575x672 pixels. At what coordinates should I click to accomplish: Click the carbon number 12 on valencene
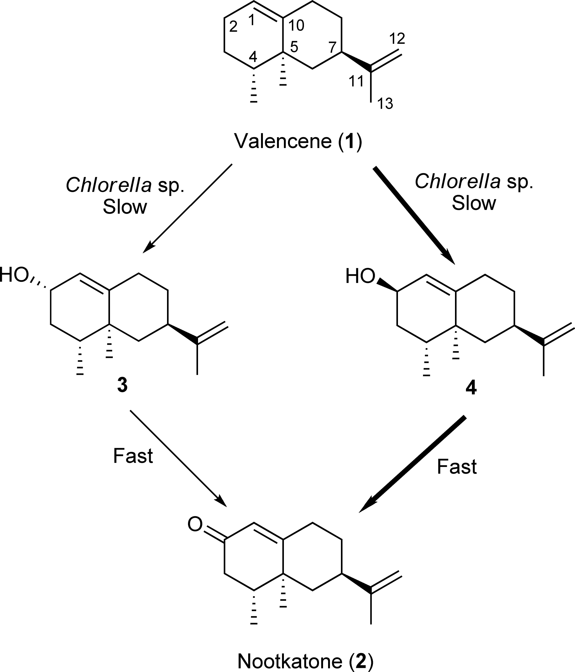tap(397, 39)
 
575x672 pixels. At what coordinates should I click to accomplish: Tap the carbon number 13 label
tap(385, 104)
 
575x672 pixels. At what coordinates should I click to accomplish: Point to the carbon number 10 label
tap(296, 25)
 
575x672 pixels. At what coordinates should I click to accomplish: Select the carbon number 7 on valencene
tap(332, 47)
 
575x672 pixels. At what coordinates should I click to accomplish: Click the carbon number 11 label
tap(356, 81)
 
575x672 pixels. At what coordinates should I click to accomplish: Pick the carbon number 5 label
tap(294, 47)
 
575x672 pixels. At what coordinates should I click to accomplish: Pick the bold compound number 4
tap(471, 388)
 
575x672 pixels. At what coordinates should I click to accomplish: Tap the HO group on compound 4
tap(360, 276)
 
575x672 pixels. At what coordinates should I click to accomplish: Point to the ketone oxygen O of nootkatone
tap(195, 524)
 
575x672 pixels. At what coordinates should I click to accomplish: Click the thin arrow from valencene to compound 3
tap(187, 208)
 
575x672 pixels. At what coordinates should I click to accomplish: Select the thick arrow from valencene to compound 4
tap(414, 215)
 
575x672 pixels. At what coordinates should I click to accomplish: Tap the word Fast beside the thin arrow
tap(133, 456)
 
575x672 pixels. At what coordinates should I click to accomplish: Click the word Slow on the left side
tap(125, 207)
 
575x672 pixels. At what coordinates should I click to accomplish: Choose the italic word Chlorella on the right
tap(457, 181)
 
